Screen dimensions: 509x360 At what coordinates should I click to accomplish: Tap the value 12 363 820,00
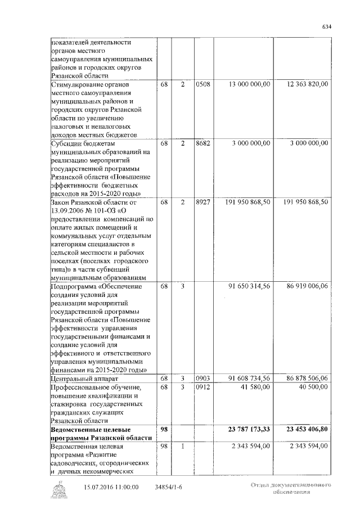[308, 84]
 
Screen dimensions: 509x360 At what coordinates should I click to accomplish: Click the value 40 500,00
[314, 388]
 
